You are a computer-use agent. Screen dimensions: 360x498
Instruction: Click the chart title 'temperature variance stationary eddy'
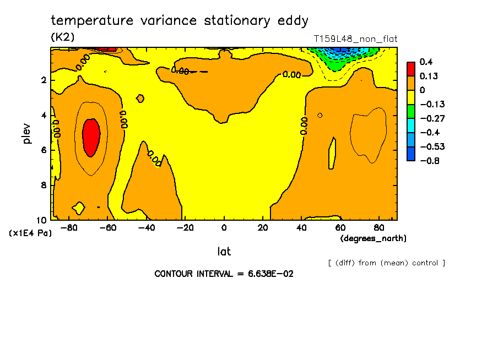pyautogui.click(x=179, y=21)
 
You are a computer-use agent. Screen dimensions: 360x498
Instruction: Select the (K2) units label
pyautogui.click(x=62, y=37)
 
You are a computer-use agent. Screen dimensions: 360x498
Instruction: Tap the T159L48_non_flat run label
pyautogui.click(x=355, y=39)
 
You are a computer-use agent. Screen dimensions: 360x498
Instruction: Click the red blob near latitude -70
pyautogui.click(x=91, y=137)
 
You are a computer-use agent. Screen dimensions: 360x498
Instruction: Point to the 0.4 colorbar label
pyautogui.click(x=425, y=62)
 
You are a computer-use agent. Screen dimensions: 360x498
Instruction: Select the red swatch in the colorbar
pyautogui.click(x=411, y=68)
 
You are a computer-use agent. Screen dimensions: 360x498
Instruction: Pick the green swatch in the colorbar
pyautogui.click(x=411, y=111)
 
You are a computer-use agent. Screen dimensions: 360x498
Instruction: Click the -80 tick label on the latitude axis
pyautogui.click(x=69, y=227)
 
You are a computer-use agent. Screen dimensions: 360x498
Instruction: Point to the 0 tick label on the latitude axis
pyautogui.click(x=224, y=227)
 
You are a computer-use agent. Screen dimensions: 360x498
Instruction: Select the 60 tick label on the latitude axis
pyautogui.click(x=340, y=227)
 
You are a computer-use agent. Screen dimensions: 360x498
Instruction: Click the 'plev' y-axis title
pyautogui.click(x=27, y=134)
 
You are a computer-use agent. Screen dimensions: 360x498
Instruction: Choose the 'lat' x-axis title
pyautogui.click(x=224, y=252)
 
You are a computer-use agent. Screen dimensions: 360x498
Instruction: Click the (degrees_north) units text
pyautogui.click(x=373, y=238)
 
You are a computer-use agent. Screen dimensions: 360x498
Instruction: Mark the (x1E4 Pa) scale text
pyautogui.click(x=30, y=233)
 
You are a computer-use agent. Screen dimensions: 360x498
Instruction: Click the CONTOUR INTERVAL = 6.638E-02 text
pyautogui.click(x=224, y=274)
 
